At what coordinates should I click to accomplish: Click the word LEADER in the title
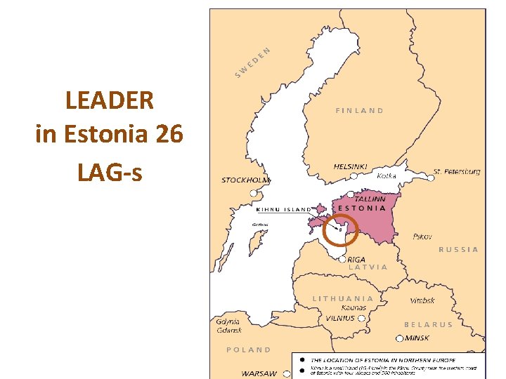pyautogui.click(x=109, y=100)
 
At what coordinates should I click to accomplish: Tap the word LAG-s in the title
pyautogui.click(x=110, y=171)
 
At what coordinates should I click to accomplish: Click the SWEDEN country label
pyautogui.click(x=252, y=62)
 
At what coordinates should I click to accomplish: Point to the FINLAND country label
pyautogui.click(x=359, y=110)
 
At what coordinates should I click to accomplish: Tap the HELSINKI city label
pyautogui.click(x=350, y=166)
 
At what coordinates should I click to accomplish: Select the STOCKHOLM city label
pyautogui.click(x=245, y=180)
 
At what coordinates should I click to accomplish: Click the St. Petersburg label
pyautogui.click(x=457, y=171)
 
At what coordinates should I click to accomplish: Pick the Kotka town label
pyautogui.click(x=387, y=175)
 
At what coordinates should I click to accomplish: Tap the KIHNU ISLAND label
pyautogui.click(x=283, y=209)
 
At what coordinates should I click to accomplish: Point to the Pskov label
pyautogui.click(x=422, y=237)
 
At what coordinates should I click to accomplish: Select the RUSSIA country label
pyautogui.click(x=458, y=249)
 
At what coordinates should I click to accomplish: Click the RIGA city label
pyautogui.click(x=356, y=259)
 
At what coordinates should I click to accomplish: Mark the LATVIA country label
pyautogui.click(x=368, y=267)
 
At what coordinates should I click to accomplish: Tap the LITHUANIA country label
pyautogui.click(x=343, y=298)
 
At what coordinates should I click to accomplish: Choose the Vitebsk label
pyautogui.click(x=422, y=300)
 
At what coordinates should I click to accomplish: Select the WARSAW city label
pyautogui.click(x=259, y=373)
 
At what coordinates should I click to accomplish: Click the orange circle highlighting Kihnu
pyautogui.click(x=341, y=230)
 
